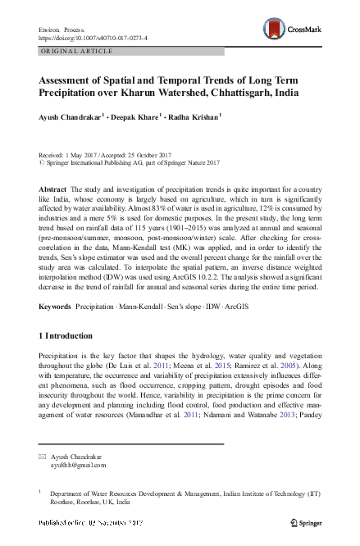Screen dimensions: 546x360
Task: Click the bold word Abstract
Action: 52,189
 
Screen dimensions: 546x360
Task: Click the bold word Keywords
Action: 54,284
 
